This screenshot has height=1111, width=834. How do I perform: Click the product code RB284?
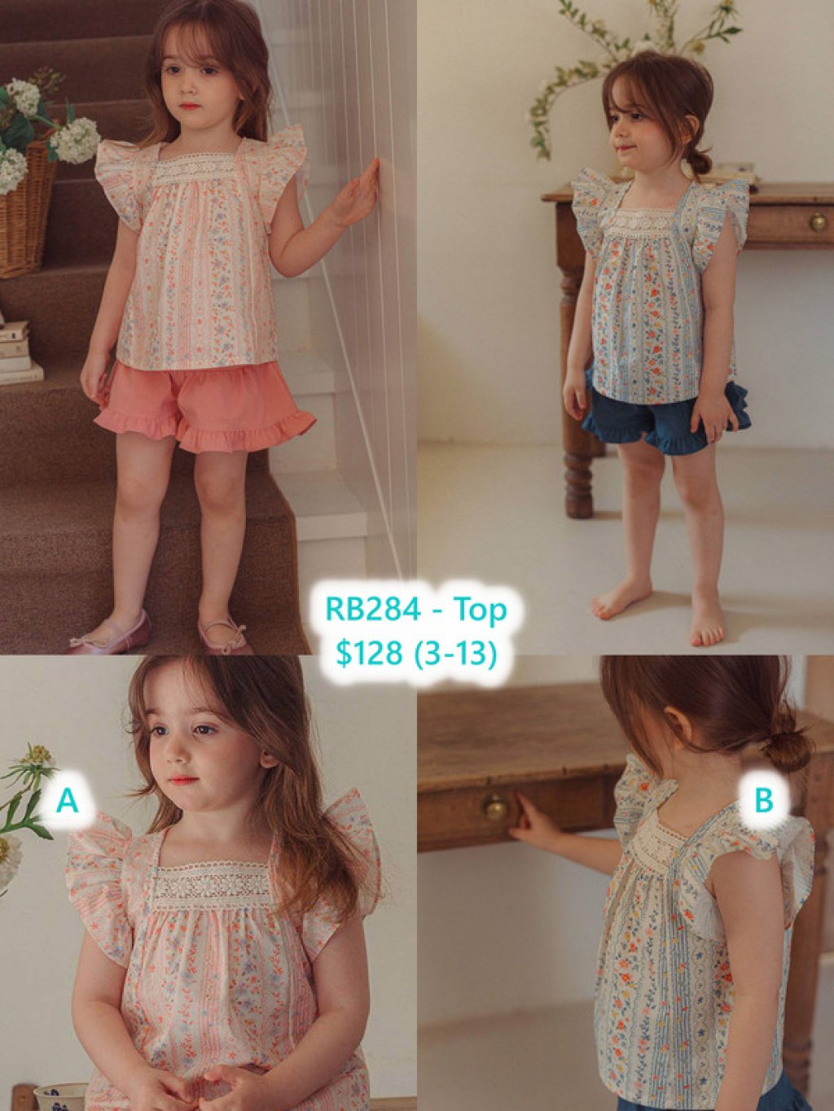click(x=374, y=610)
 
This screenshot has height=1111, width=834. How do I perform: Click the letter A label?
click(x=68, y=801)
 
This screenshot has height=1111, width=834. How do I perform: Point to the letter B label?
click(x=764, y=800)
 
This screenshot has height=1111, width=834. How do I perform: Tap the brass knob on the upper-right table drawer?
click(x=817, y=221)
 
